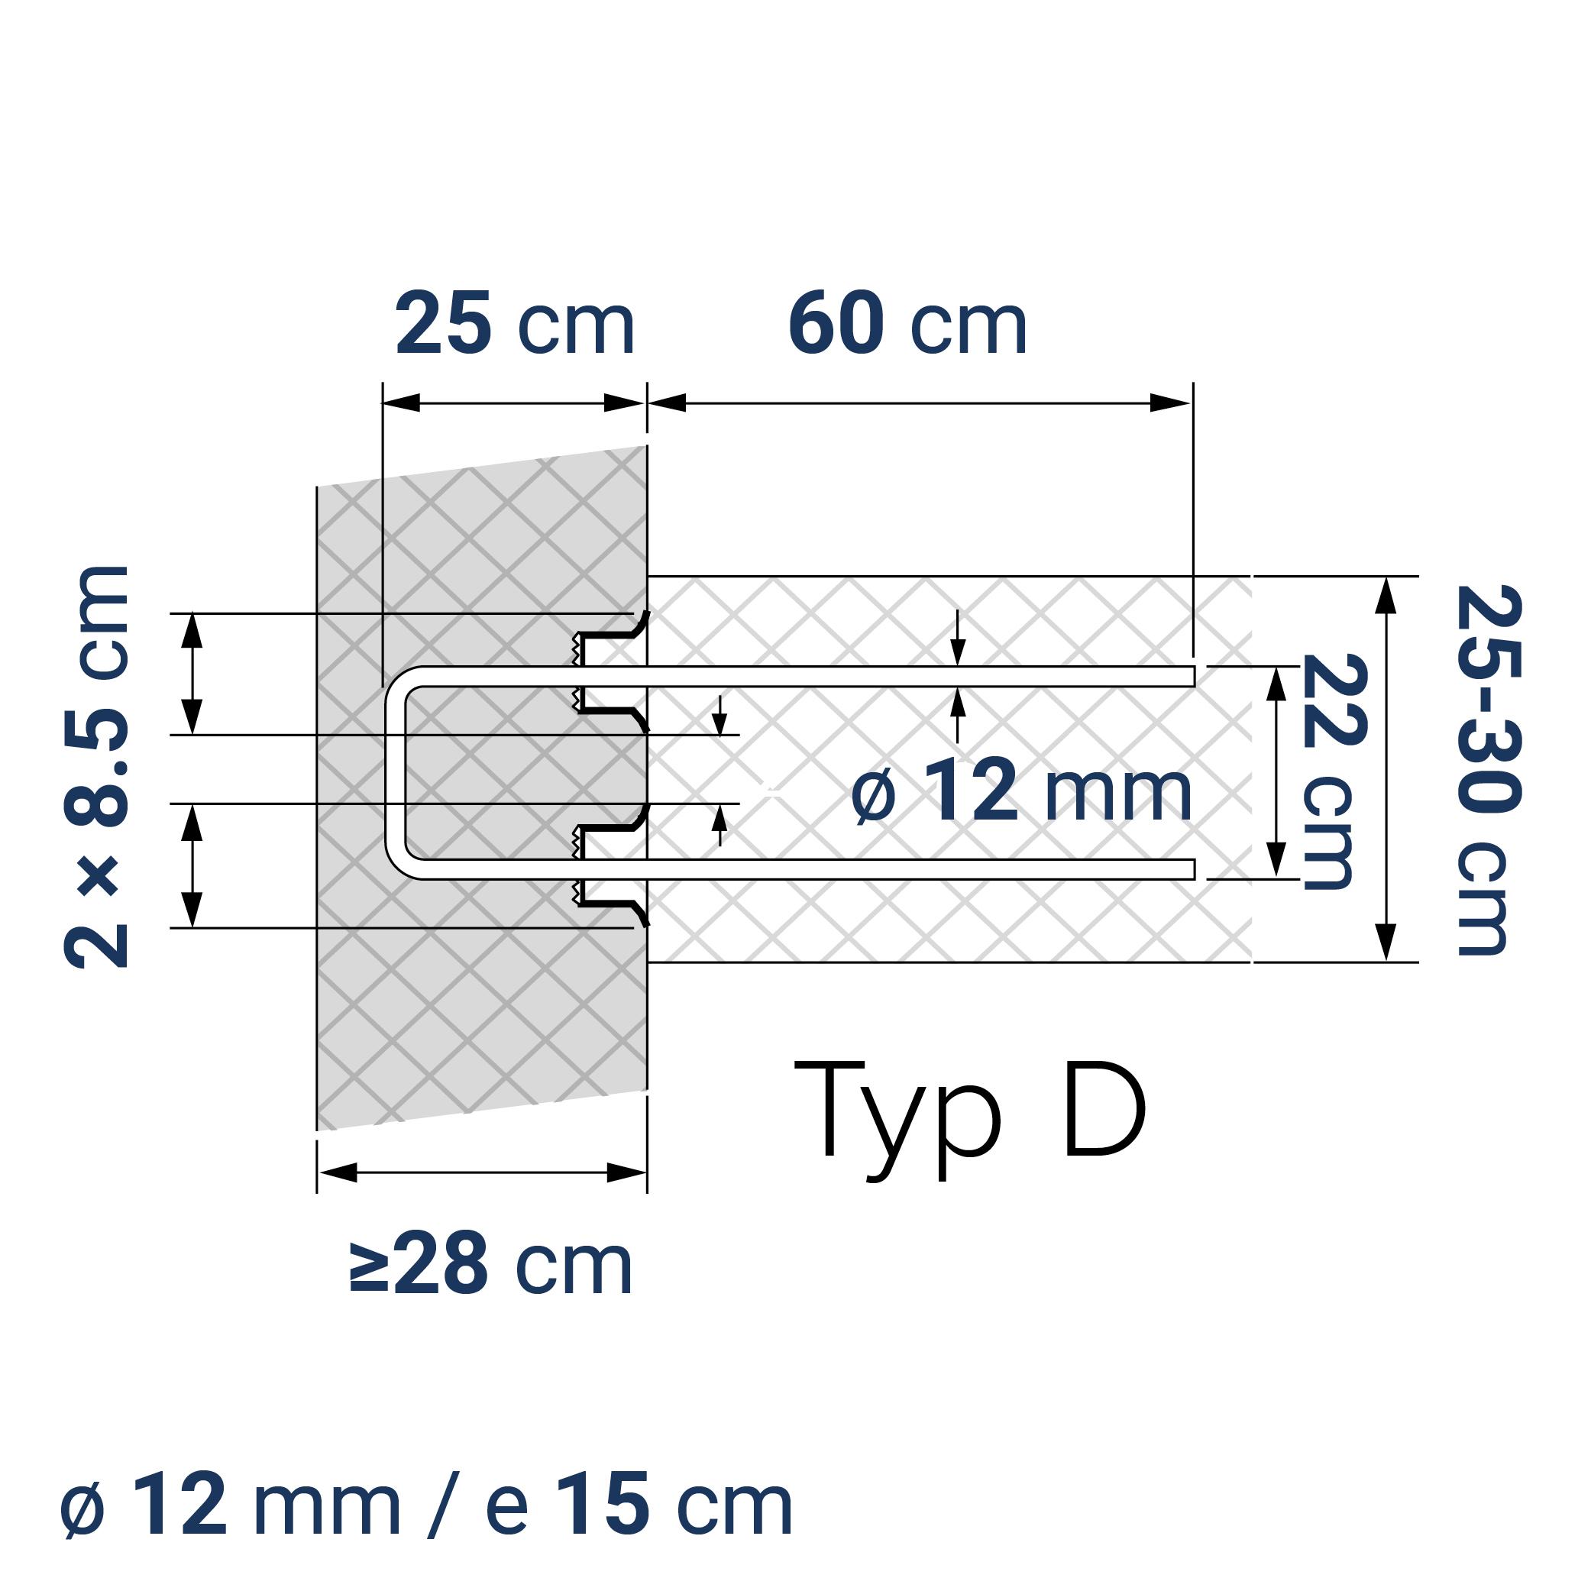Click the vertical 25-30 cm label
[x=1487, y=769]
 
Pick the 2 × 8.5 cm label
[x=96, y=766]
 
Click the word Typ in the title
[x=897, y=1120]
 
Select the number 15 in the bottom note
[x=603, y=1506]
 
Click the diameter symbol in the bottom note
[x=83, y=1508]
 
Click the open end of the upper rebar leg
[x=1192, y=676]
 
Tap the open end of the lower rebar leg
[x=1192, y=868]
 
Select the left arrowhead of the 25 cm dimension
[x=402, y=403]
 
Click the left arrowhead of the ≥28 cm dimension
[x=338, y=1172]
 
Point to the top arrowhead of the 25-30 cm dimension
[x=1387, y=594]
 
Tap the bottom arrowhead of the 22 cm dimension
[x=1276, y=858]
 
